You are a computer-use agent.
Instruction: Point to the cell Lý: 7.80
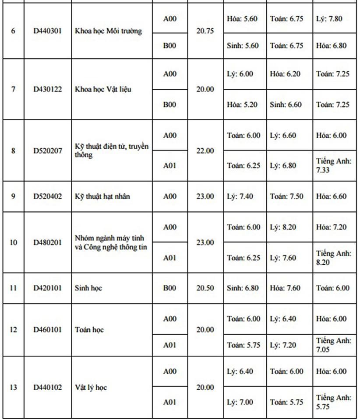point(329,18)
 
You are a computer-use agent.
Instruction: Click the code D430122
point(48,89)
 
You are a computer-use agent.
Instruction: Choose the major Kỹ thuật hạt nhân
point(102,196)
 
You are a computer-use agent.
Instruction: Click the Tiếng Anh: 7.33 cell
point(334,165)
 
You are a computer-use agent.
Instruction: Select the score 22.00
point(205,150)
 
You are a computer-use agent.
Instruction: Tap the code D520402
point(48,196)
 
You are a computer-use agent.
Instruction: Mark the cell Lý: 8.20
point(283,227)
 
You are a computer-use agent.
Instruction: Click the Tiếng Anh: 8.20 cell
point(334,258)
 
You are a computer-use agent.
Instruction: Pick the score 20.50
point(205,288)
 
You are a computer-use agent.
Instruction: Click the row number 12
point(13,329)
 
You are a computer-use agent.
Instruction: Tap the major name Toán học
point(89,329)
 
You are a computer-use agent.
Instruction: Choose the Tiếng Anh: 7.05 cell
point(334,345)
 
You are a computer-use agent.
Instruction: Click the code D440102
point(48,387)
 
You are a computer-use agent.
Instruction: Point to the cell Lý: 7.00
point(240,402)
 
